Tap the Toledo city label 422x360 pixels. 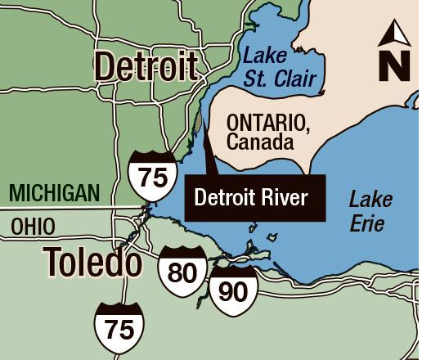[92, 261]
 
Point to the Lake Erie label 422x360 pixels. [371, 209]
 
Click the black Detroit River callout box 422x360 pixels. [255, 198]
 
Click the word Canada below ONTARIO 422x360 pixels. [259, 142]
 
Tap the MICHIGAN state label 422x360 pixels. [54, 193]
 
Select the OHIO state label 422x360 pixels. [34, 226]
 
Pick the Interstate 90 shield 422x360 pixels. [233, 290]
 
